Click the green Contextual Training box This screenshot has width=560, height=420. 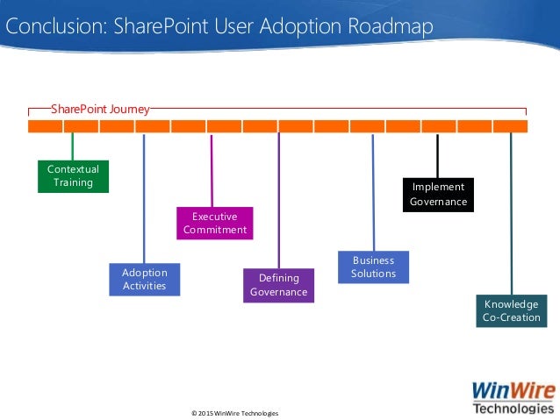point(73,175)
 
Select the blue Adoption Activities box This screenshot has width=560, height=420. point(144,279)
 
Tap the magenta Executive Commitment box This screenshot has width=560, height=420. point(214,223)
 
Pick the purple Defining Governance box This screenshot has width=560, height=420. point(278,285)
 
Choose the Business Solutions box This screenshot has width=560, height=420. point(373,267)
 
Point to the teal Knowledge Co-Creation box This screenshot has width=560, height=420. point(511,310)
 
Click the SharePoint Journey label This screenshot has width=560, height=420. point(99,110)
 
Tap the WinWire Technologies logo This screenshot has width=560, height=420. point(513,396)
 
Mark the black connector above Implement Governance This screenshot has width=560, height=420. point(437,155)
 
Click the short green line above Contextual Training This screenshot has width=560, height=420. point(73,146)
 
